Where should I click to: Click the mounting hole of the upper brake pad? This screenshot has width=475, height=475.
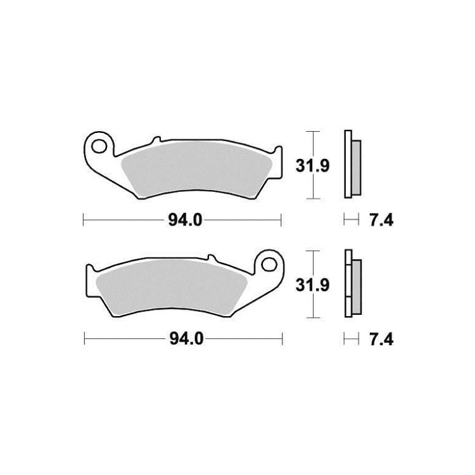tap(99, 147)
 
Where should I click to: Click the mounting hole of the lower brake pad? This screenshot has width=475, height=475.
tap(269, 265)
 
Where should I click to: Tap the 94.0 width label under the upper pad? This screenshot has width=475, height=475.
tap(185, 220)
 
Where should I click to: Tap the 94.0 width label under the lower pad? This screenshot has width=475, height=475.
tap(186, 339)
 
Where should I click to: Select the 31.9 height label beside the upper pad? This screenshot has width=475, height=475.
tap(312, 166)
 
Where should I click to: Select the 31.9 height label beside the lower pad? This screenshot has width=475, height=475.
tap(312, 285)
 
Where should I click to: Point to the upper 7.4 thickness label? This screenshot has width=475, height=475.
tap(381, 220)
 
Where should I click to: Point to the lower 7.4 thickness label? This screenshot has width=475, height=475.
tap(381, 339)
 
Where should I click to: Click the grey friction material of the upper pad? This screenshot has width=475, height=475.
tap(196, 170)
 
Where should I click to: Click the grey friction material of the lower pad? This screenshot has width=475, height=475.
tap(172, 288)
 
